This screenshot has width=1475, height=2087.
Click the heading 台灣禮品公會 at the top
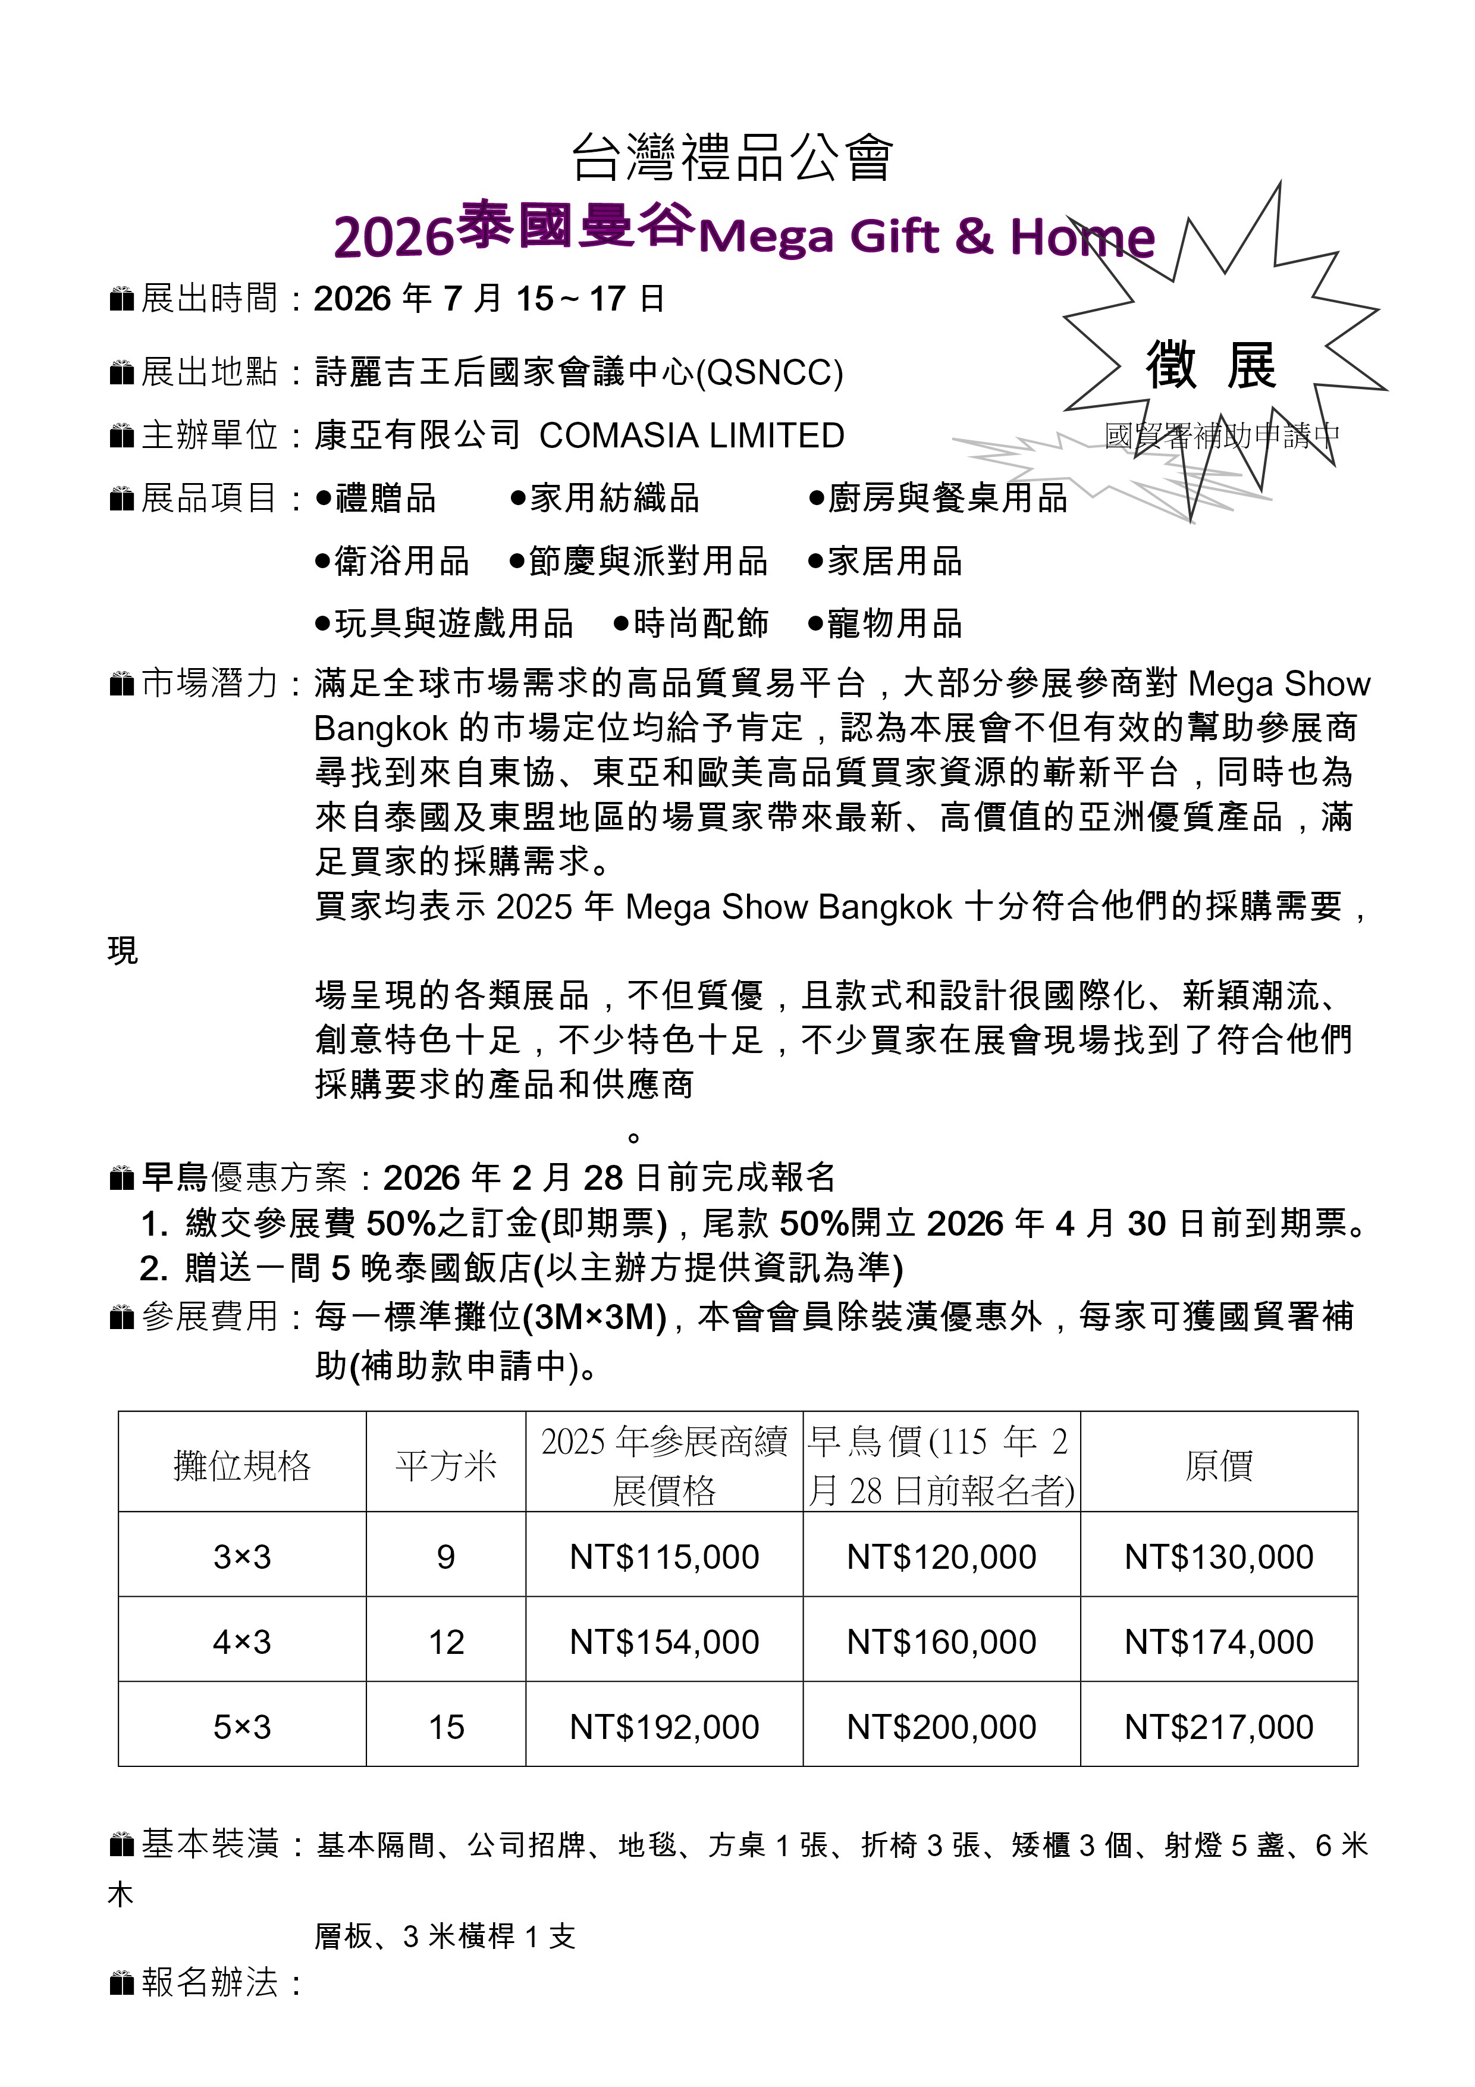733,156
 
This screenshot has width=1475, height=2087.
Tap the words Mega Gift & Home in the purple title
926,236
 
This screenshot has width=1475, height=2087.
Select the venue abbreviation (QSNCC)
769,372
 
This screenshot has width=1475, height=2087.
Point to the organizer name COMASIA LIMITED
692,435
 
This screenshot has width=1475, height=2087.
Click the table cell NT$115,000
664,1557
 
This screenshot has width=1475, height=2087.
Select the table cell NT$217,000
1219,1727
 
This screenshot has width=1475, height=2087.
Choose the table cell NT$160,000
942,1643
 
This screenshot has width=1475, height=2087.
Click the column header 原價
1219,1466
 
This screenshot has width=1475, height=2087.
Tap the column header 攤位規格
241,1466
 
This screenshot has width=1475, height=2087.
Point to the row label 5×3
241,1727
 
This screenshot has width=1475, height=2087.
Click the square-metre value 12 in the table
446,1643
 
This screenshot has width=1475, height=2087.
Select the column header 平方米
446,1466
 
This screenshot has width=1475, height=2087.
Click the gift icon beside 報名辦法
122,1982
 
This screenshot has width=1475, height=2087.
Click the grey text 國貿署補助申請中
1222,436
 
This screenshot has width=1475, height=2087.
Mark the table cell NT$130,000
1219,1557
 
